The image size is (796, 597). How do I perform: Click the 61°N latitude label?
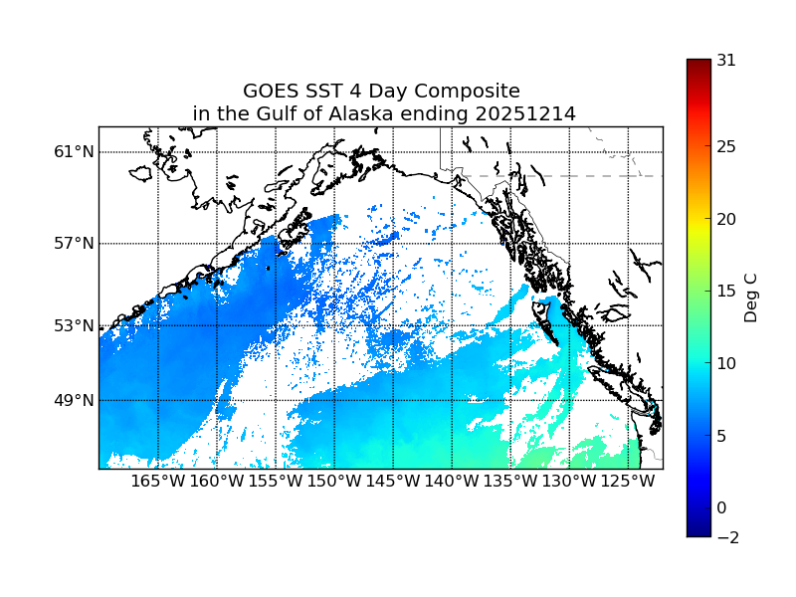[75, 152]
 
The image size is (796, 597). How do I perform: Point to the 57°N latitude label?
[75, 244]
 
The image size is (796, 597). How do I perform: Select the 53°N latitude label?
[75, 325]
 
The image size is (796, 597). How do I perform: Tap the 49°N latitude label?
[75, 400]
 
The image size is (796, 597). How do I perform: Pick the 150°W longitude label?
[334, 482]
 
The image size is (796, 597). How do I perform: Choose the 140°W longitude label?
[452, 482]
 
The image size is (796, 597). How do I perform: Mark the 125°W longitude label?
[628, 482]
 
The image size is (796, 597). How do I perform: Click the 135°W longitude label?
[510, 482]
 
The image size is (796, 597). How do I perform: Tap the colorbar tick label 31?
[726, 60]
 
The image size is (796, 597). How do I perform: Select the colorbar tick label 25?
[726, 147]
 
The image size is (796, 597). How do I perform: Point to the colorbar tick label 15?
[726, 292]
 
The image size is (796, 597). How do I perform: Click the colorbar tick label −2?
[726, 537]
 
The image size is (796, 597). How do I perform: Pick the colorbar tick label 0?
[722, 507]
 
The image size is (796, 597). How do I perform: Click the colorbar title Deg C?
[752, 298]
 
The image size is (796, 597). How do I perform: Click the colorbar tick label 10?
[726, 363]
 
